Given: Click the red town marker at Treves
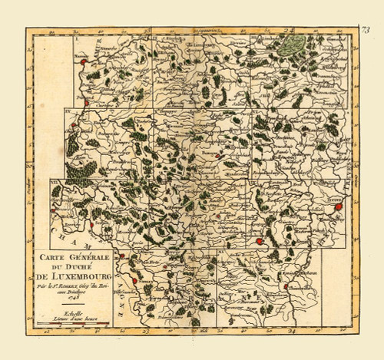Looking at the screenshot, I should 338,206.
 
